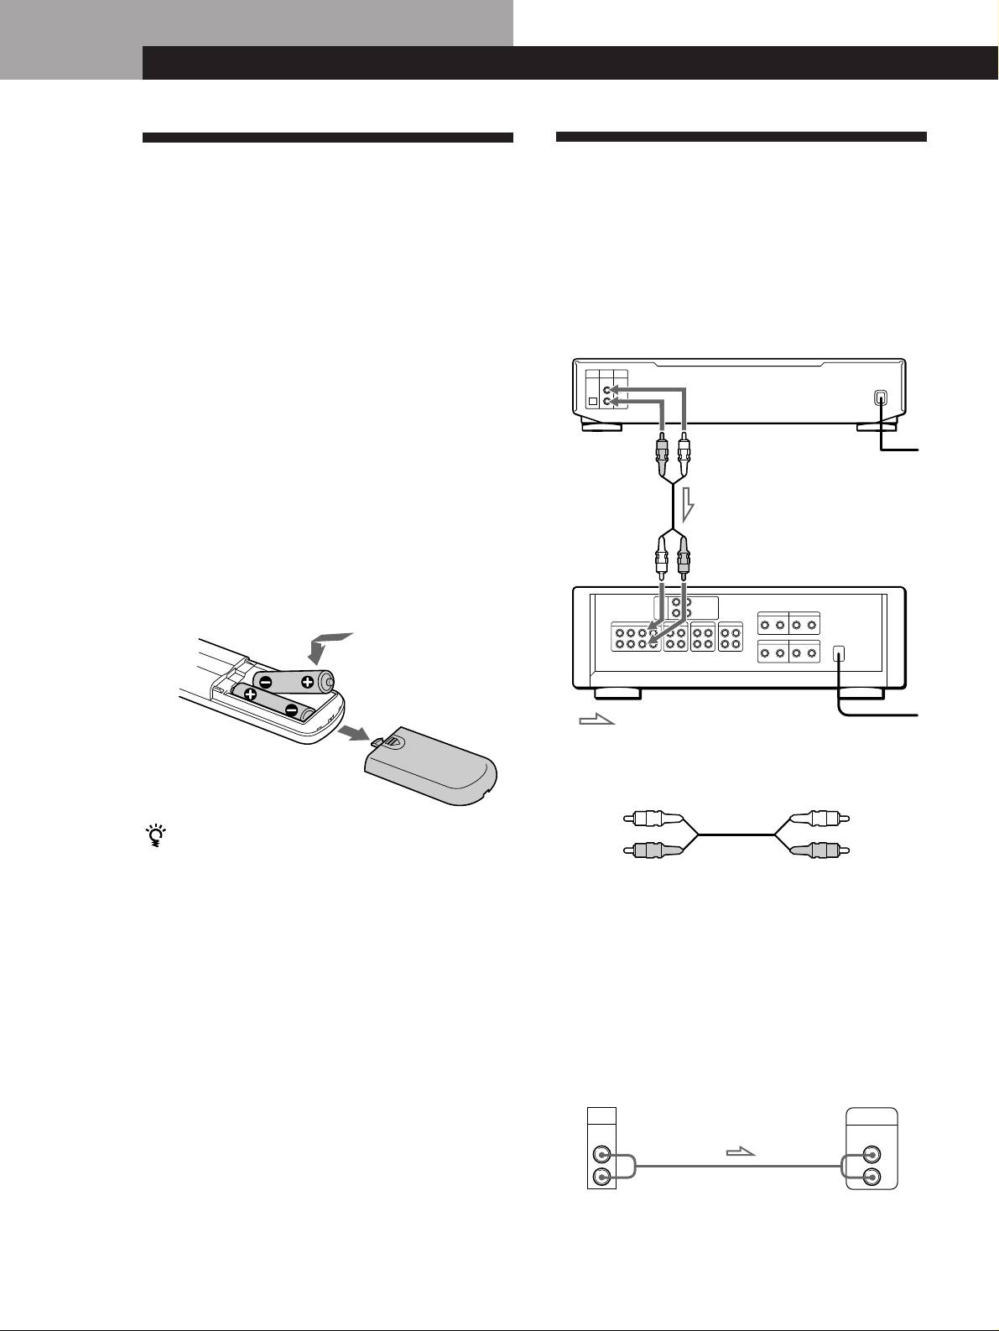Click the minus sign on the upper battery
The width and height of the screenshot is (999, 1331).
point(265,681)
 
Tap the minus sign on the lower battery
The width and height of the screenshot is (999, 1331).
point(292,710)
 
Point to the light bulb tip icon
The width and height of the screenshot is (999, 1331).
point(155,836)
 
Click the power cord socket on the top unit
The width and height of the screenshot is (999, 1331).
point(880,398)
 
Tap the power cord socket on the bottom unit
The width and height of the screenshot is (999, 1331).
point(840,655)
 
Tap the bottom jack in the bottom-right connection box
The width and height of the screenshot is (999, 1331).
point(873,1176)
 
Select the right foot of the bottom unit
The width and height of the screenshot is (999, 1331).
point(861,694)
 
